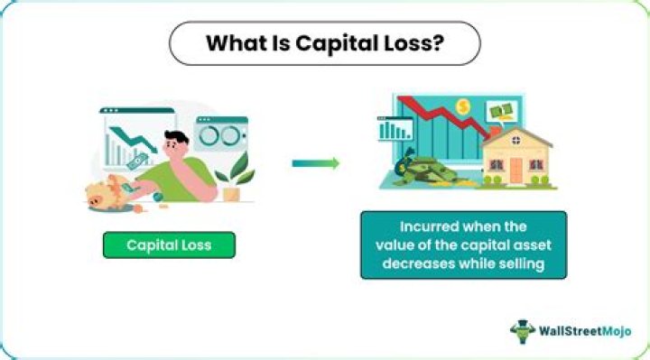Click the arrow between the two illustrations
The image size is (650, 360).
pyautogui.click(x=315, y=163)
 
